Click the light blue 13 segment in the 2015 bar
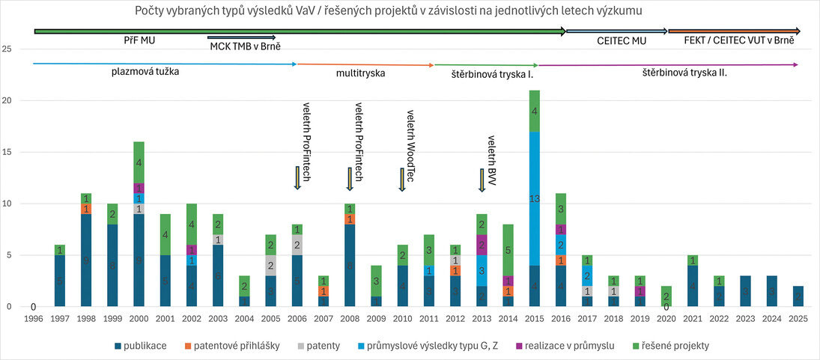535,198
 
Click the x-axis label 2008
349,318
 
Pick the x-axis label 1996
33,318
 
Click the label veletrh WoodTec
410,139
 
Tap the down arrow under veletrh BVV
482,180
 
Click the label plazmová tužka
145,73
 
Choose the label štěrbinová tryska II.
684,73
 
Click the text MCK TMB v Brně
245,46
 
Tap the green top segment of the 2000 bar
139,162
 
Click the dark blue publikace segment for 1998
86,260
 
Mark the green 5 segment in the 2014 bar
508,251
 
